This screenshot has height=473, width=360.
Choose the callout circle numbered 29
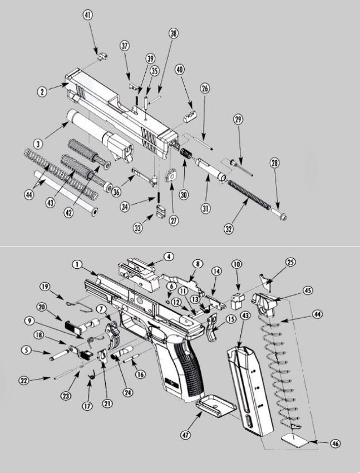coord(239,120)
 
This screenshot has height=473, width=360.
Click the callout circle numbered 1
coord(77,264)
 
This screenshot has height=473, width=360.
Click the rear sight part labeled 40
coord(189,115)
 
